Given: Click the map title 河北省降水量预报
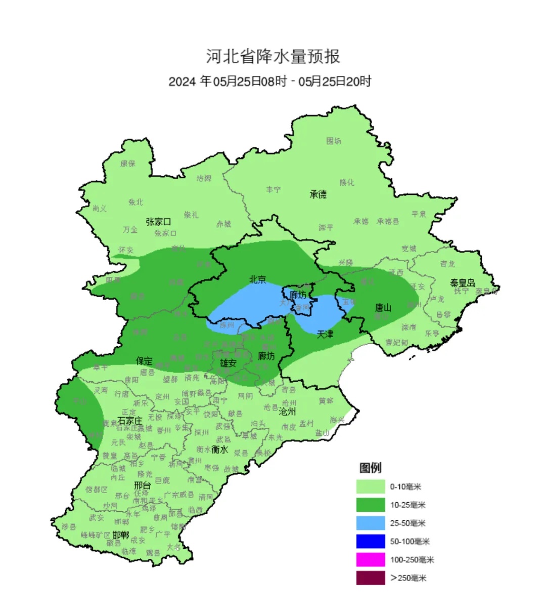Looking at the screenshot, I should pos(272,56).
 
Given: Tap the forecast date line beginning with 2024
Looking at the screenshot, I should pos(269,81).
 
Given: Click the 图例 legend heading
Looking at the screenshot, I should pos(370,468).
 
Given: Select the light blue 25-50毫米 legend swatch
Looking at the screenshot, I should pos(370,523).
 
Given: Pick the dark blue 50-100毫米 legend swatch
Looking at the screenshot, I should pos(370,541).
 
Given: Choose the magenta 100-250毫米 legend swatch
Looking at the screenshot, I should pos(370,559).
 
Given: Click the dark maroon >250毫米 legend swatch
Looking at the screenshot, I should pos(370,578).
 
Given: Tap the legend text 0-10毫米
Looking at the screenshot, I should pos(405,487).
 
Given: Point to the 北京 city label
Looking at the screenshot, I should pos(257,279).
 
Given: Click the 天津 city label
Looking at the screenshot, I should pos(325,334).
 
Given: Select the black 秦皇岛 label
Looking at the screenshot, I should pos(463,283).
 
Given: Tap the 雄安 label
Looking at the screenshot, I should pos(228,363).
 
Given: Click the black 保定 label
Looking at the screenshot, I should pos(144,361).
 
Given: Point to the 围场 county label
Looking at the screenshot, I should pos(334,141).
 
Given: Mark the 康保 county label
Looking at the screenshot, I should pos(128,163).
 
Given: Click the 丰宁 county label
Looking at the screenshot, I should pos(273,189).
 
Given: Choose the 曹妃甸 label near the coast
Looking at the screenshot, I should pos(397,343).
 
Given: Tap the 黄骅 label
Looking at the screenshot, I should pos(326,400).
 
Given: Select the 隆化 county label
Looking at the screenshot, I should pos(347,182).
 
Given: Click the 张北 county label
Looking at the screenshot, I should pos(135,202).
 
